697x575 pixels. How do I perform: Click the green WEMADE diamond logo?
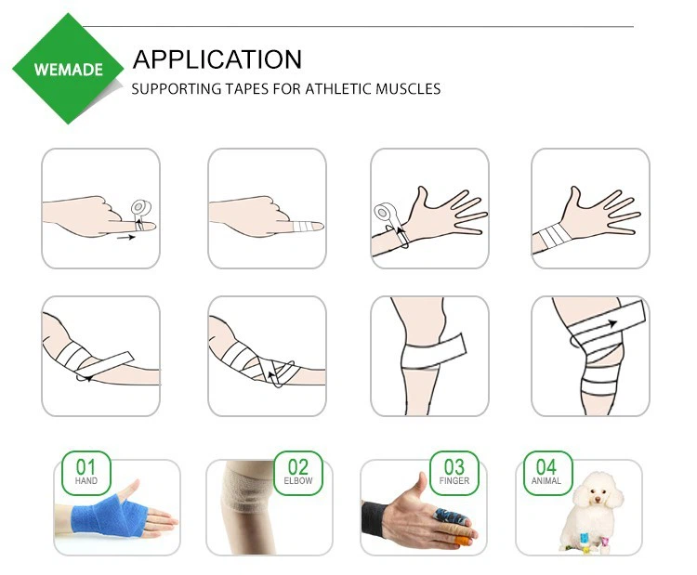(68, 69)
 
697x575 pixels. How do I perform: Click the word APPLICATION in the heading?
(217, 59)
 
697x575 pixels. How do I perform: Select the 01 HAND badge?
(85, 472)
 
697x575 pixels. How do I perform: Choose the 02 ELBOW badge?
(297, 472)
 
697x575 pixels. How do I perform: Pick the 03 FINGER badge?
(454, 472)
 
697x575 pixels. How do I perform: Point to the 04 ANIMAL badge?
(546, 472)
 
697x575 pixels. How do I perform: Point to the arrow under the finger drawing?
(126, 238)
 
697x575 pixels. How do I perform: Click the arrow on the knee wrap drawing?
(611, 323)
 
